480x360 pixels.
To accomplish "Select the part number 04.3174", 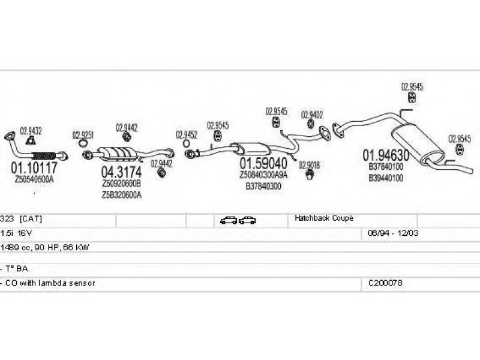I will (121, 172).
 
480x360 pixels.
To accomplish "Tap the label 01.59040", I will (264, 163).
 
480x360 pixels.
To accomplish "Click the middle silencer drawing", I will (249, 148).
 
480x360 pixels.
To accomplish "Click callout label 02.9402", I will (312, 114).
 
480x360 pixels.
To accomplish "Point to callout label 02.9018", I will (310, 165).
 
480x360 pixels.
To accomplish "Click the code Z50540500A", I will (34, 179).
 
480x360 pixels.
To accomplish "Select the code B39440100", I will (386, 178).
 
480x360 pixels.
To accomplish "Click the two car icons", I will (238, 220).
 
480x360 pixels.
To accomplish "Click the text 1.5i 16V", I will (13, 233).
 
